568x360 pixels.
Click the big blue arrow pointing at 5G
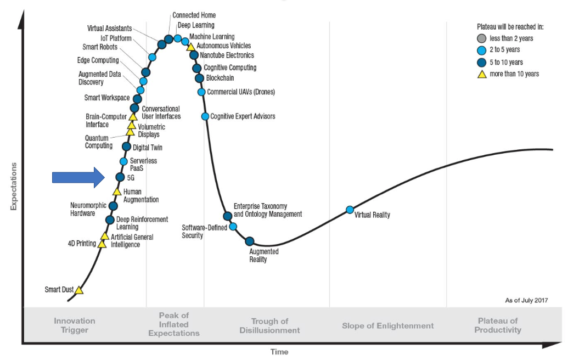point(77,176)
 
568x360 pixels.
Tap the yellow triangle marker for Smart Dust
point(79,290)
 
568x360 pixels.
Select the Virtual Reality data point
point(350,210)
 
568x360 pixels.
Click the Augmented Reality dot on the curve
point(250,241)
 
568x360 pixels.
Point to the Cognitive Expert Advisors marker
point(205,116)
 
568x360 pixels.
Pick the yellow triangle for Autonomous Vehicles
point(191,47)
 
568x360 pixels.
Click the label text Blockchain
point(220,78)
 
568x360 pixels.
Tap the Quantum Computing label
point(99,142)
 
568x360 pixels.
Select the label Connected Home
point(194,15)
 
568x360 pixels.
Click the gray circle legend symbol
point(482,38)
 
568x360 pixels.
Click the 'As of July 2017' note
point(526,300)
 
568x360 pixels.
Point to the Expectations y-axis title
point(13,186)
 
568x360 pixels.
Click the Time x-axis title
point(279,352)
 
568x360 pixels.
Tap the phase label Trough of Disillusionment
point(269,325)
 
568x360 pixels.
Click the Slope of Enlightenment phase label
point(387,326)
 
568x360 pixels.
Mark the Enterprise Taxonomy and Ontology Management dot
point(228,216)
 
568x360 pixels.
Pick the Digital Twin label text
point(148,148)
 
